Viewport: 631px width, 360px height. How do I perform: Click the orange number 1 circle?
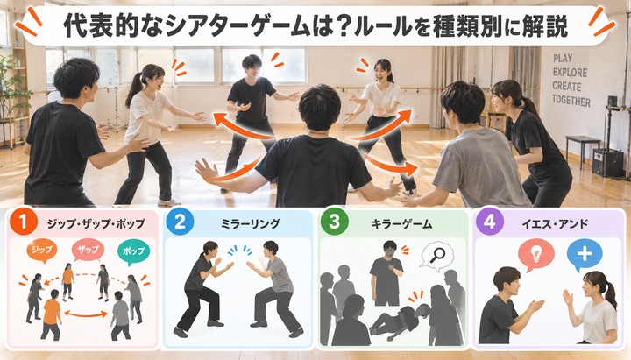coord(24,222)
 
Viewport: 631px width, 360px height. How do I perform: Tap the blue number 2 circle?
coord(180,222)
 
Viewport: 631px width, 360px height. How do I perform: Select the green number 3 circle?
coord(334,222)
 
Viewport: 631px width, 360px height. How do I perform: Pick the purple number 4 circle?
coord(489,222)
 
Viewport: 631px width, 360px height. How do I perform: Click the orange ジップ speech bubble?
coord(42,251)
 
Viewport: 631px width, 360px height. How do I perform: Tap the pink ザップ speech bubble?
coord(89,250)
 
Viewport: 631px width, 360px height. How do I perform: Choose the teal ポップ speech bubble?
coord(133,251)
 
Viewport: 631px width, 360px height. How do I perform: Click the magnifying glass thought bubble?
coord(437,255)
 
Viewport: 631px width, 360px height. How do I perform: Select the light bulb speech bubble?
coord(536,255)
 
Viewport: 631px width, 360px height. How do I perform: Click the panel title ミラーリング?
coord(251,223)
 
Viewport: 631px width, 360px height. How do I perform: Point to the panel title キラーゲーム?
coord(401,223)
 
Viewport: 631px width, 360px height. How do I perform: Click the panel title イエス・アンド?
coord(555,223)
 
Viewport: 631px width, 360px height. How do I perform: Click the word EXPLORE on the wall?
coord(570,73)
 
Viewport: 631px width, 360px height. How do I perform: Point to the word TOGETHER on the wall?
coord(571,100)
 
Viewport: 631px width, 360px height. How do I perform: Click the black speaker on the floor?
coord(607,163)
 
